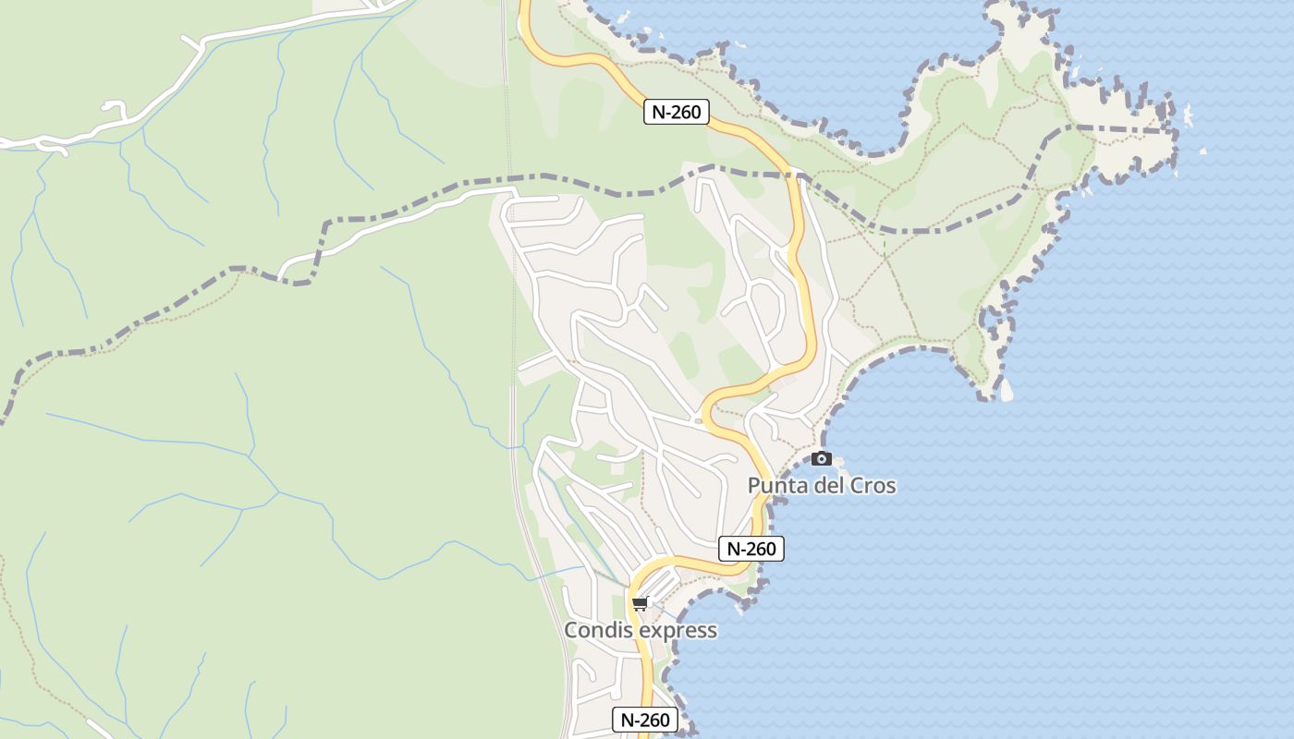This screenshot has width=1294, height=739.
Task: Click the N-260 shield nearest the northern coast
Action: click(676, 112)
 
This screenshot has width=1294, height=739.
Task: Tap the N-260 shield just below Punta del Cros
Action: click(751, 549)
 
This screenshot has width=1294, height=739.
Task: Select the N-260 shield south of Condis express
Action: click(645, 720)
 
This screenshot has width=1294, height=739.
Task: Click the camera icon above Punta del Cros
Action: click(821, 458)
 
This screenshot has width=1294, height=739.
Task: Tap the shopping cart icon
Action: click(640, 604)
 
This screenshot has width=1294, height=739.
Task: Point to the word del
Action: click(825, 485)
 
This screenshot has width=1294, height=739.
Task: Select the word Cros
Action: click(873, 485)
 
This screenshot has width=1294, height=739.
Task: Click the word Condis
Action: click(596, 630)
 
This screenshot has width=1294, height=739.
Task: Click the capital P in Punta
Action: click(754, 485)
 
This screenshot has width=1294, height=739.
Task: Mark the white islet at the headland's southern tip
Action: click(1007, 391)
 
